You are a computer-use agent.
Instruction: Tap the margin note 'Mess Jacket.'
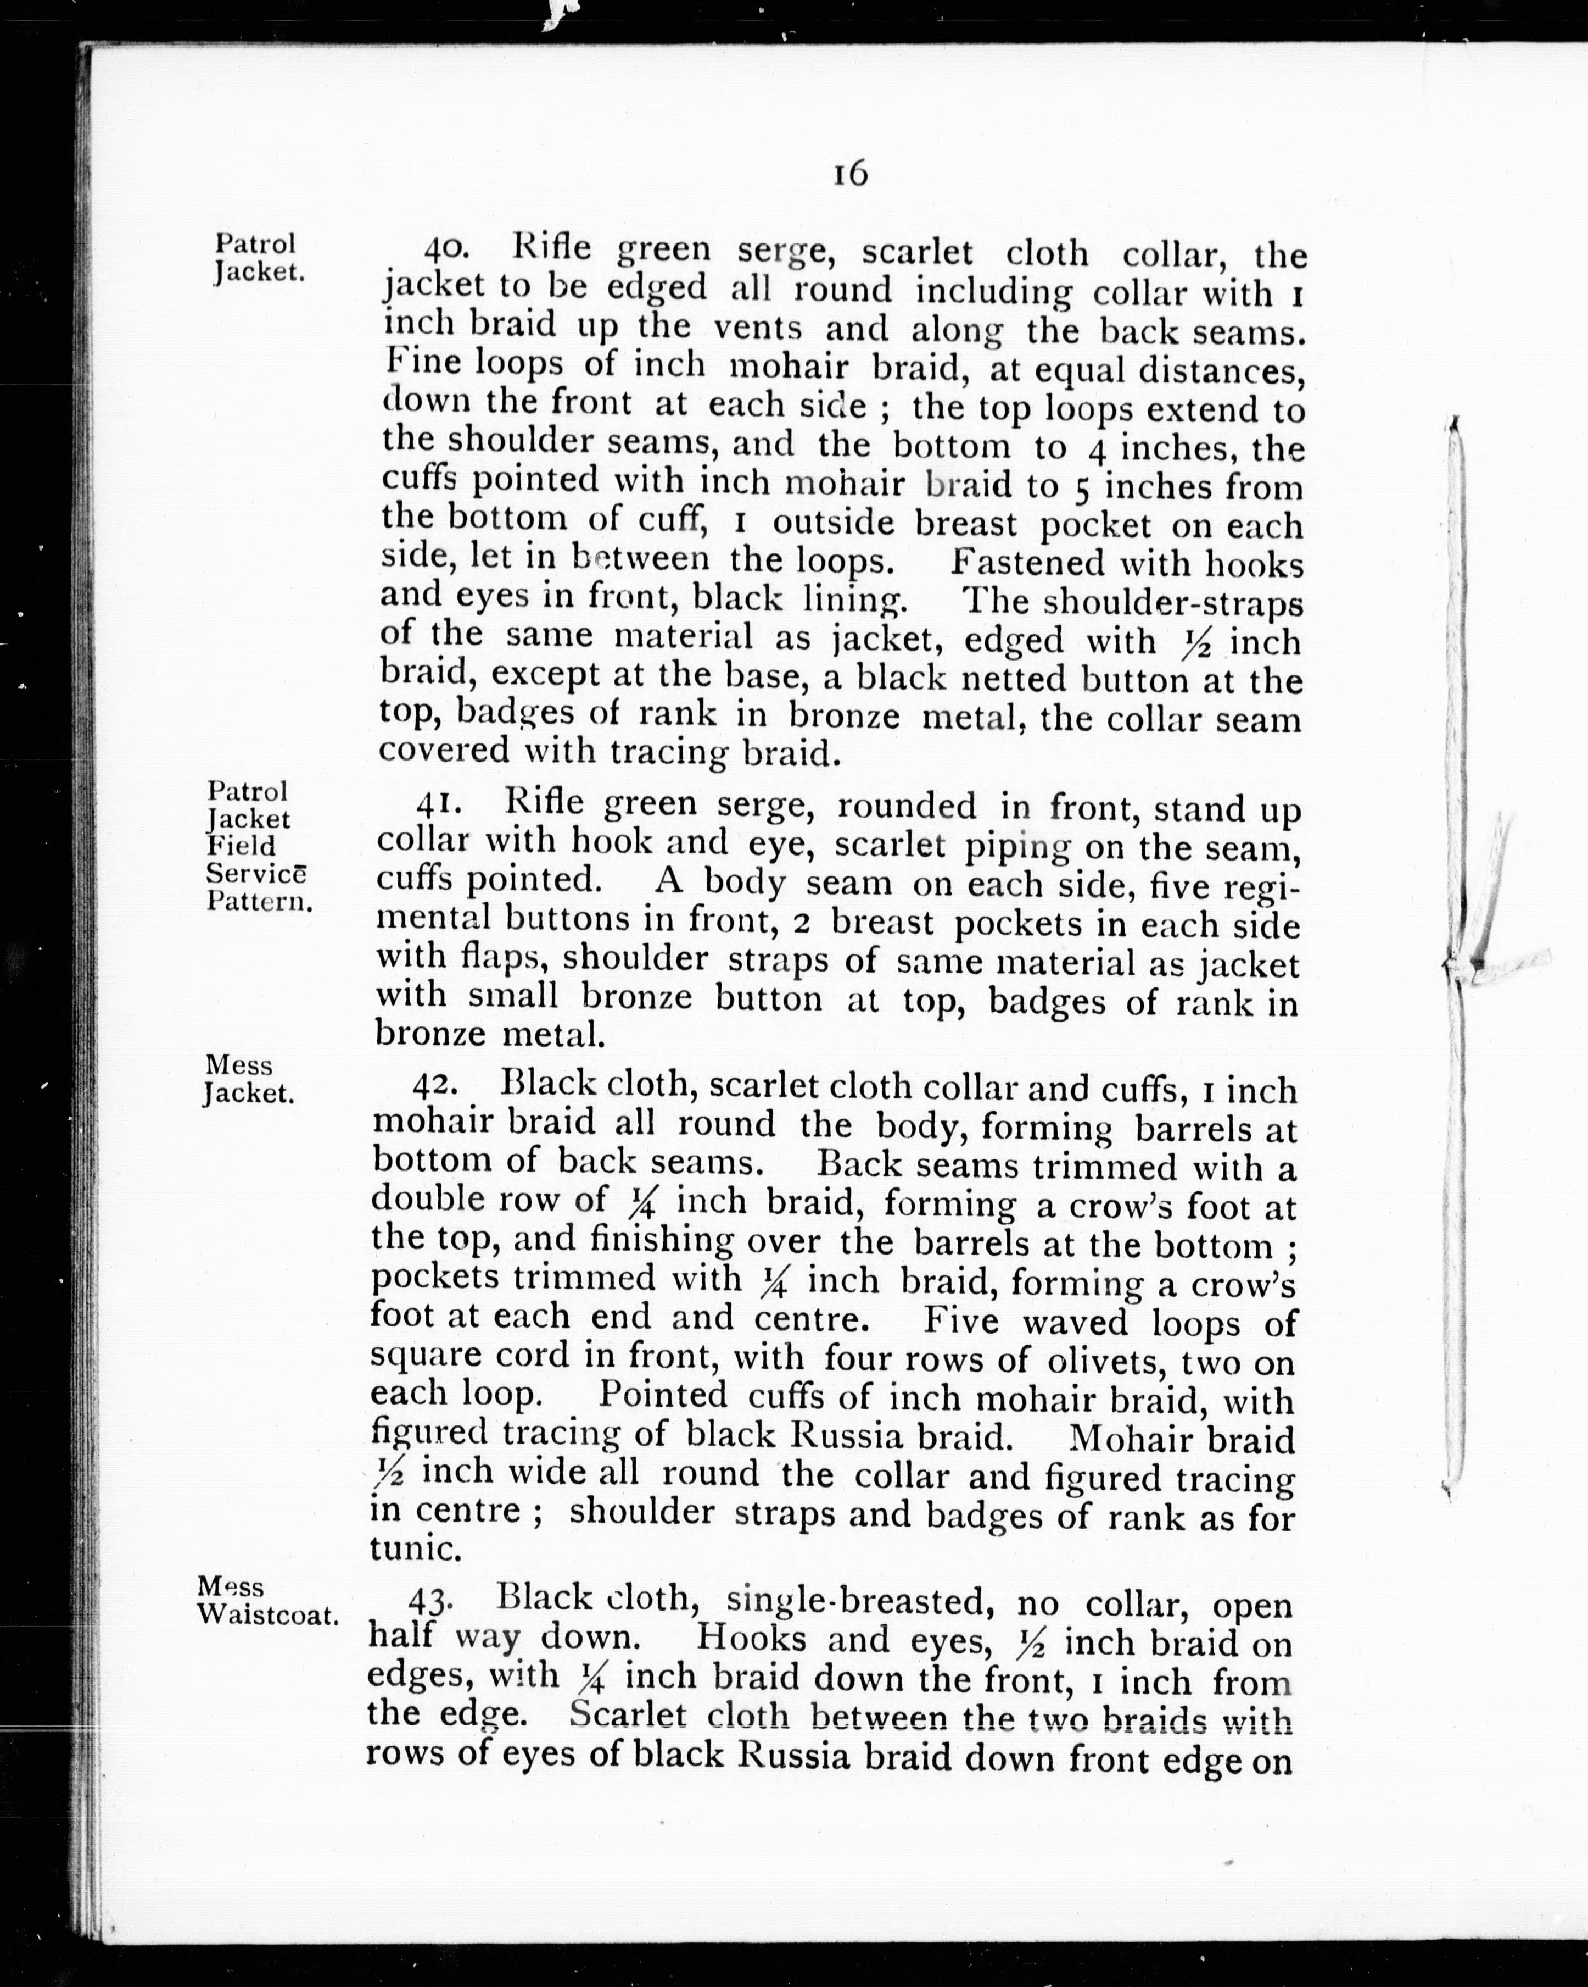tap(249, 1079)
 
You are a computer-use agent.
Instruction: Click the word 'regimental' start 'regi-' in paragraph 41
tap(1260, 886)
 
